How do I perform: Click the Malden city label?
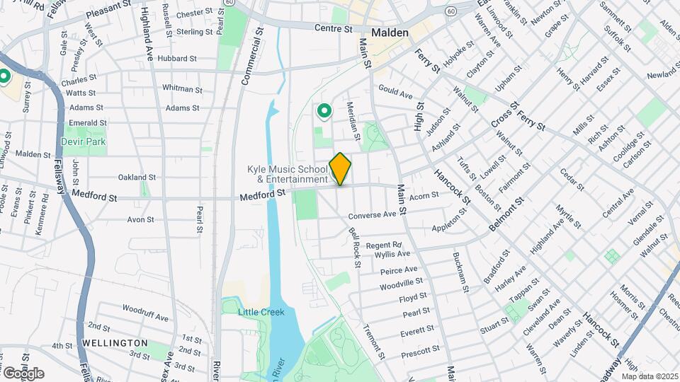tap(390, 33)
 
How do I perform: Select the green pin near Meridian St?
tap(324, 111)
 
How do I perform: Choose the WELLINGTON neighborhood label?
tap(114, 342)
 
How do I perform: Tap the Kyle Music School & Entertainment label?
tap(287, 174)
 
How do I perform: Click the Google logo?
tap(23, 374)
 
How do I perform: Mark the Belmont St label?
tap(506, 214)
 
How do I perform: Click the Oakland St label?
tap(136, 177)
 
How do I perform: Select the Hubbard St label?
tap(176, 59)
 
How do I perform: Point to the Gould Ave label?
tap(395, 93)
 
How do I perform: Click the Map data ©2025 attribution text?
tap(651, 376)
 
